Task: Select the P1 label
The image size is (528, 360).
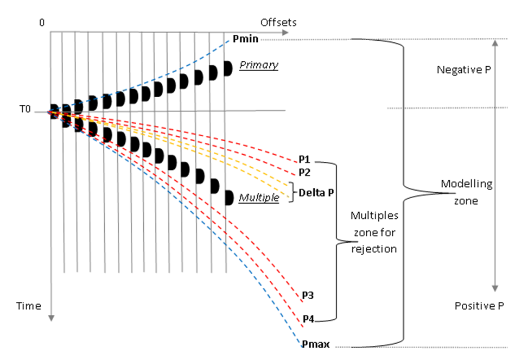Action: [303, 160]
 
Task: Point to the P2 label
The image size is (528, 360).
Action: [304, 173]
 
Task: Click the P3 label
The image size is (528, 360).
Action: [307, 296]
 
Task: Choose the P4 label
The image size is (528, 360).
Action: [308, 319]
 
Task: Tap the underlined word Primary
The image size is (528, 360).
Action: [259, 65]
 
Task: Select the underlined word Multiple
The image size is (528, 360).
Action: [259, 199]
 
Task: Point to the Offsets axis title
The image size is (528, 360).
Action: [278, 22]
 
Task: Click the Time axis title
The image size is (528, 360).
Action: [28, 306]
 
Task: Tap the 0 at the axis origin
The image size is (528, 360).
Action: [42, 22]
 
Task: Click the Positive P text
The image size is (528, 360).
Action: [480, 306]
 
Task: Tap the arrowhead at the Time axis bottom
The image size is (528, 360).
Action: [50, 319]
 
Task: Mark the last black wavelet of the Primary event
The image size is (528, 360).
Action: [228, 69]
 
